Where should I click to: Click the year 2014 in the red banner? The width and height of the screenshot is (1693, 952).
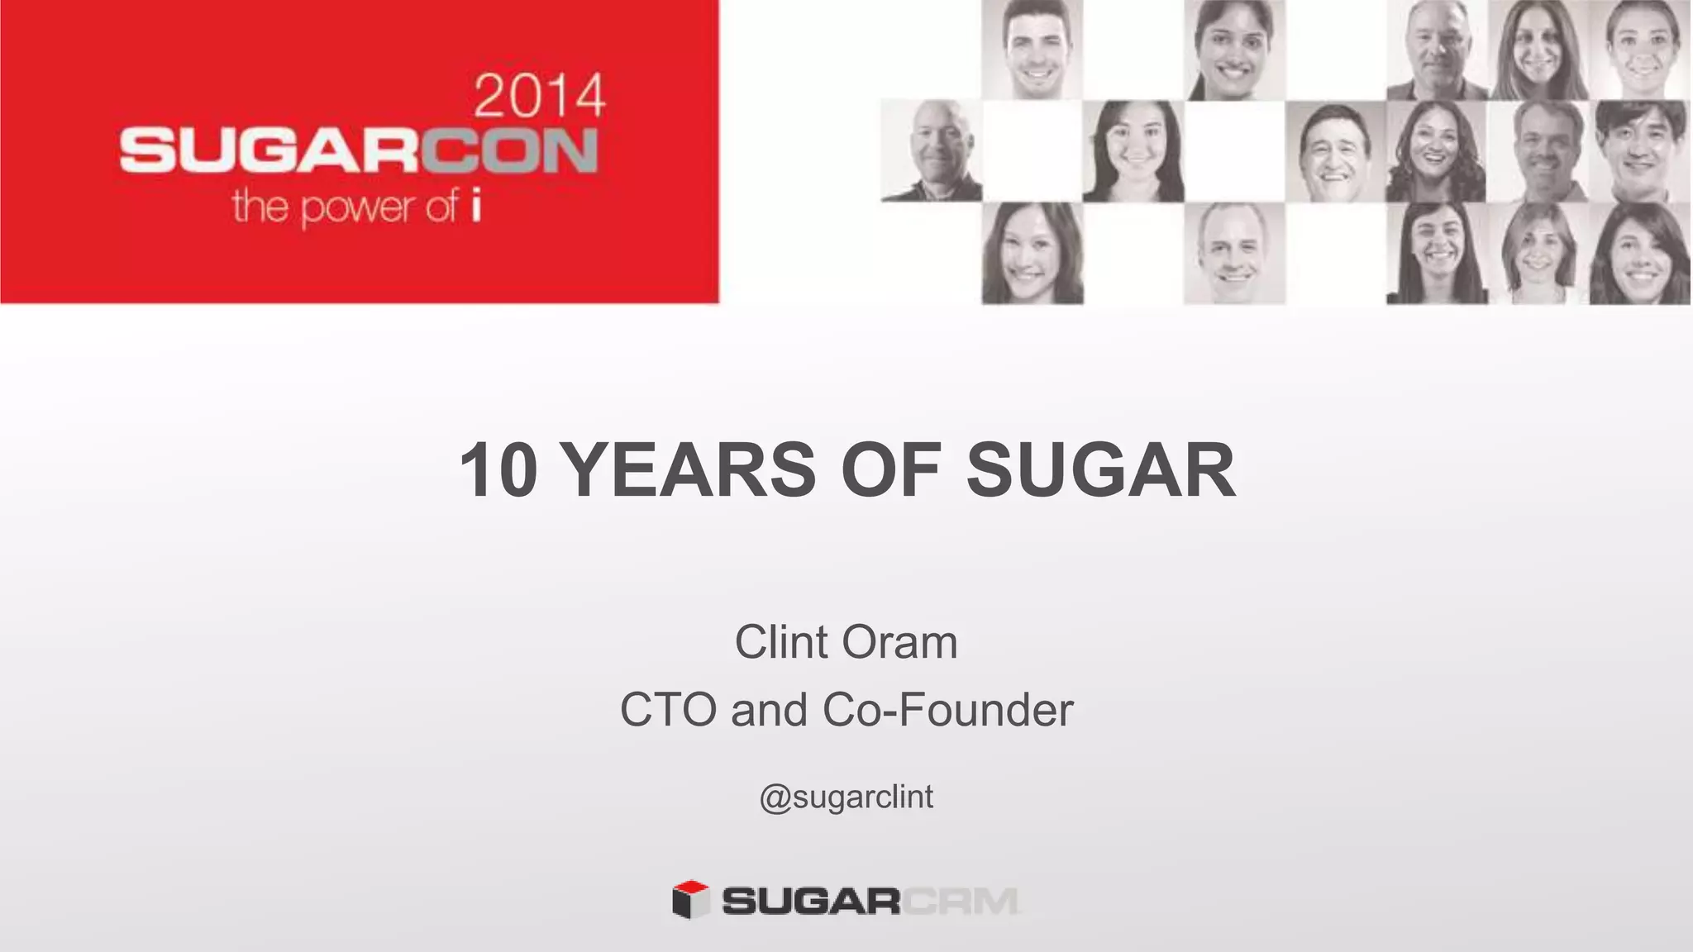pos(540,97)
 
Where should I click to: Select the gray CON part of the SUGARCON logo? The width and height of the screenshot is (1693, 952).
pos(510,151)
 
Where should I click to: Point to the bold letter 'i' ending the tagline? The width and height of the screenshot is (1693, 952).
pos(475,206)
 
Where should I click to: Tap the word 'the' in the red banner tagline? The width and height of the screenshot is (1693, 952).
pos(260,205)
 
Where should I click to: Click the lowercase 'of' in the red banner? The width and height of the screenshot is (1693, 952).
pos(441,205)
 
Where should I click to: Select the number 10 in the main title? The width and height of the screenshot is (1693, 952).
pos(498,470)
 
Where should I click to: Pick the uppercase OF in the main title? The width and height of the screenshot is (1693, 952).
pos(891,470)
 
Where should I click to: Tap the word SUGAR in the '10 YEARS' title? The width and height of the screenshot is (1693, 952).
pos(1100,470)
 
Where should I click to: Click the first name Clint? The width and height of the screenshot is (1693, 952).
pos(781,642)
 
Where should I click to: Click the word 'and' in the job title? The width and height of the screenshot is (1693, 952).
pos(769,710)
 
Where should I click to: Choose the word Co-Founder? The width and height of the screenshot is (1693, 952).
pos(947,710)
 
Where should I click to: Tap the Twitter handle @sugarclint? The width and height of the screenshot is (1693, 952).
pos(846,797)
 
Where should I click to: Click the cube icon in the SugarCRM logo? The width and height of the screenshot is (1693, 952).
pos(690,899)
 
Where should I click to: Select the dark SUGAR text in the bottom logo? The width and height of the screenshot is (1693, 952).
pos(811,901)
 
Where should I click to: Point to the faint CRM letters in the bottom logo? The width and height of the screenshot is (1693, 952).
pos(960,901)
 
